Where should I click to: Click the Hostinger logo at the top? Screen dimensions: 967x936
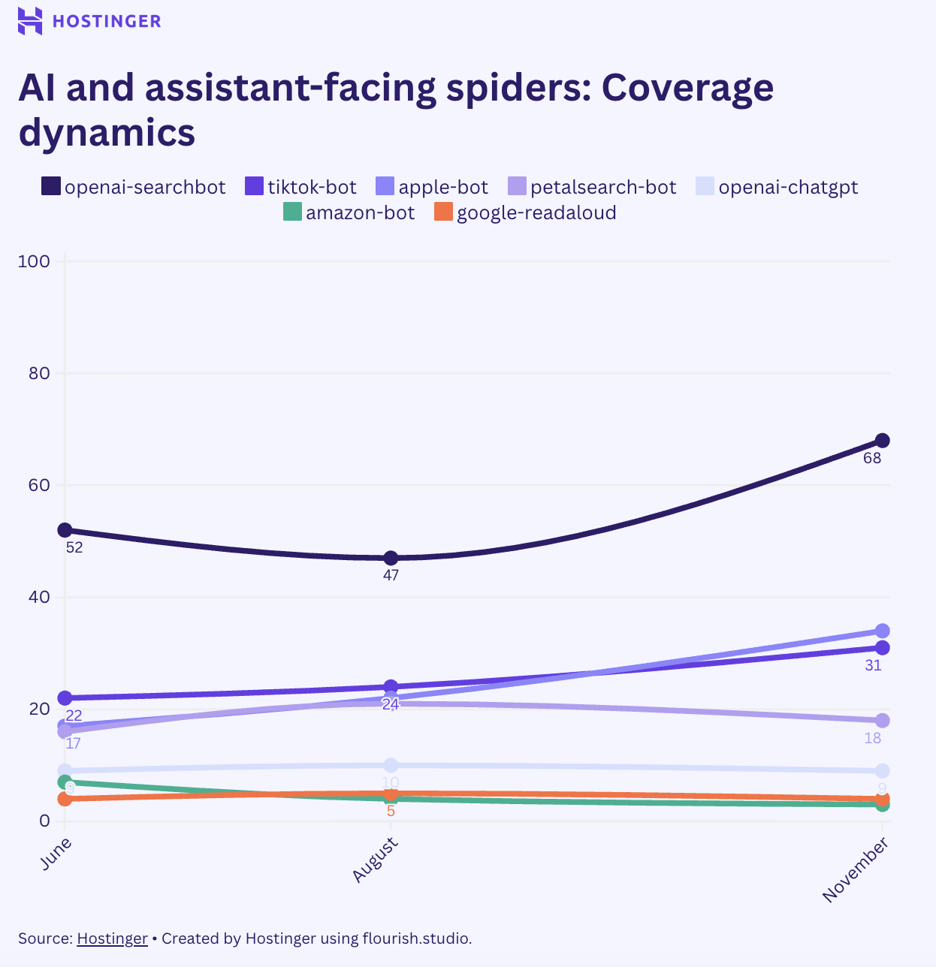[89, 21]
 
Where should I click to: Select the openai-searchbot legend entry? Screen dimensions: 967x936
[134, 187]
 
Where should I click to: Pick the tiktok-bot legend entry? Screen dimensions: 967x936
[301, 187]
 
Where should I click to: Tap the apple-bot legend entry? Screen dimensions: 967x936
[432, 187]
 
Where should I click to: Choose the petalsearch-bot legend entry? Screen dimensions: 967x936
[593, 187]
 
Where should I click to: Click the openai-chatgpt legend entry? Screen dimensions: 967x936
[777, 187]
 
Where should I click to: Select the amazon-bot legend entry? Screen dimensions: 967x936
[349, 212]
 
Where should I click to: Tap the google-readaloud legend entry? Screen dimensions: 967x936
[526, 212]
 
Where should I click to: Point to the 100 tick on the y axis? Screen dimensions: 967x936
[35, 261]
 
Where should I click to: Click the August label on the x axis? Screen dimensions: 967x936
[376, 860]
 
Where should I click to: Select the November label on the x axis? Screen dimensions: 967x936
[856, 870]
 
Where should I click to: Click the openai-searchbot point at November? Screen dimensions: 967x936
[882, 441]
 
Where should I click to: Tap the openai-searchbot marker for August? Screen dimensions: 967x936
[391, 558]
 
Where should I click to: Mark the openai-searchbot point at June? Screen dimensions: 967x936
[65, 530]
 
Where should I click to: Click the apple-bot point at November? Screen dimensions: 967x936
[882, 631]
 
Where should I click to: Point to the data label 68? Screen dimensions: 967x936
[871, 458]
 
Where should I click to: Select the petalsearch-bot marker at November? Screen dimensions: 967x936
[882, 720]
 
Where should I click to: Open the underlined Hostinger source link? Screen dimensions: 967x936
[112, 938]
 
